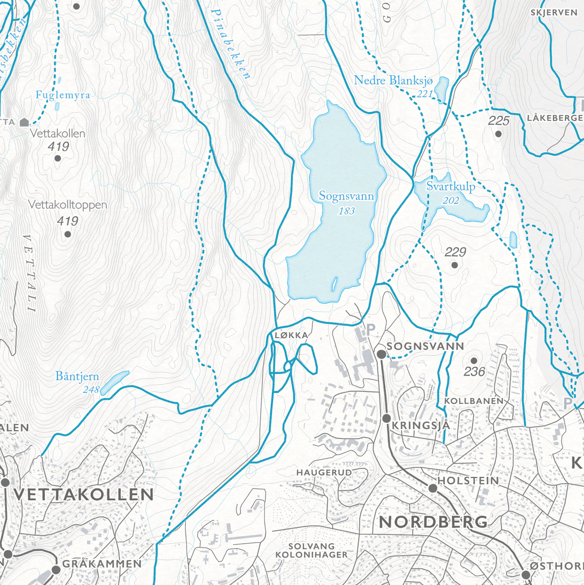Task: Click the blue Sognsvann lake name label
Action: point(346,196)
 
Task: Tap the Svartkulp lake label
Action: point(450,187)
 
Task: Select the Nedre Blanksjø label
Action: point(393,80)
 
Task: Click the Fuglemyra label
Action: point(63,95)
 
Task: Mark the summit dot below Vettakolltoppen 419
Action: point(67,234)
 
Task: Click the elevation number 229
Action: point(455,252)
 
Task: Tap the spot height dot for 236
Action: point(474,360)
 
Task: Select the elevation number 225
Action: point(498,121)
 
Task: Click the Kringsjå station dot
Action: point(386,418)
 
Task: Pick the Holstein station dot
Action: point(432,488)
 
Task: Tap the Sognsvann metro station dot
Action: point(381,354)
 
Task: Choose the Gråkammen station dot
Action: point(56,570)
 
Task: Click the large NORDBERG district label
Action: point(433,522)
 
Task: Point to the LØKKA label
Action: point(291,335)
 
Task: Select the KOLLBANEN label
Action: point(474,401)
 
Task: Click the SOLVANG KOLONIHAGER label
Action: point(311,551)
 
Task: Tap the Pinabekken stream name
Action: point(230,44)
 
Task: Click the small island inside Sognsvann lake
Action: point(334,284)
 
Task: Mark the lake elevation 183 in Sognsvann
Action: point(346,211)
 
